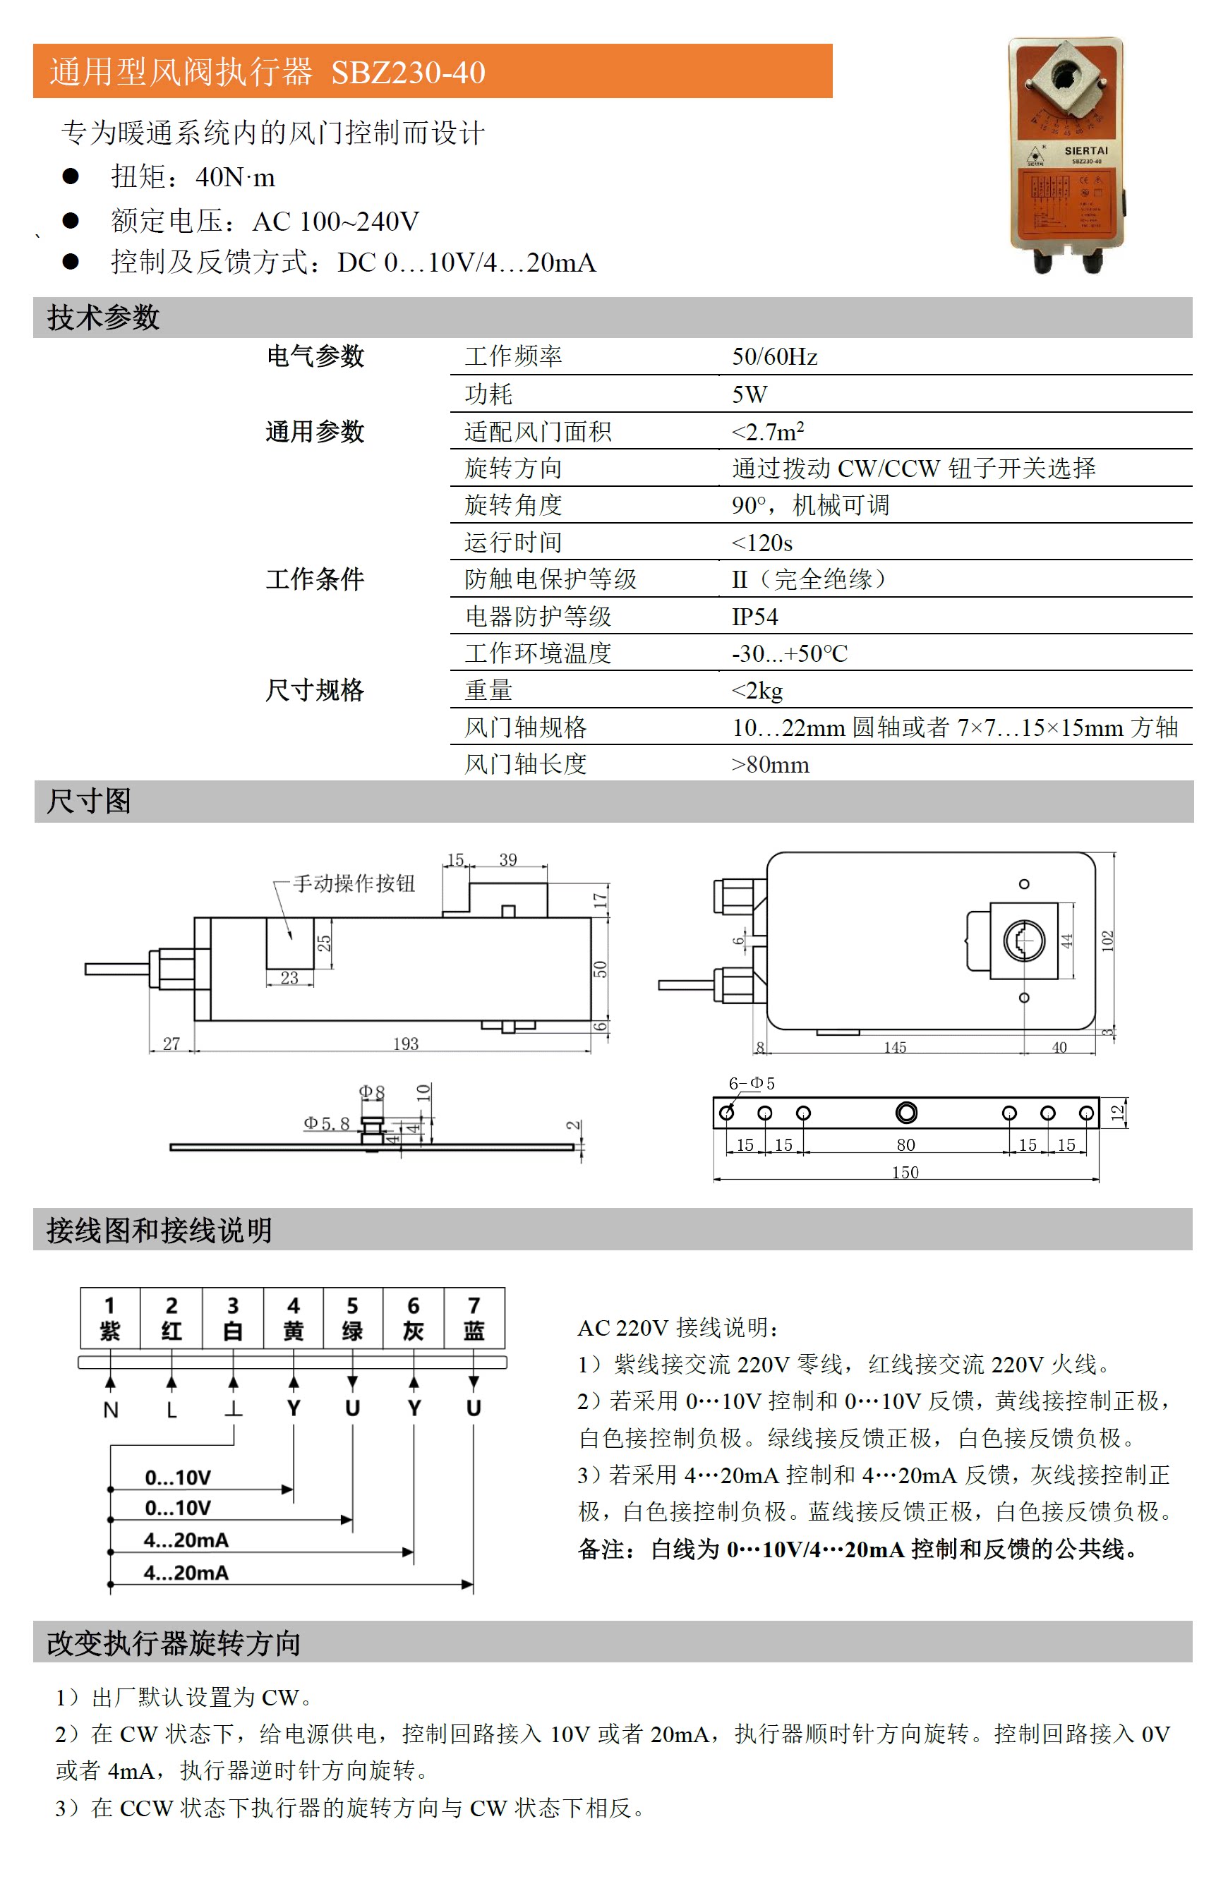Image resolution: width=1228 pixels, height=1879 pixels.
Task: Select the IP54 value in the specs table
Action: coord(754,617)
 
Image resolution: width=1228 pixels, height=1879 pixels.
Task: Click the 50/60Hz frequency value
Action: coord(774,357)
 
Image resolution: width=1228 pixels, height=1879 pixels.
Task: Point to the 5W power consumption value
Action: coord(749,394)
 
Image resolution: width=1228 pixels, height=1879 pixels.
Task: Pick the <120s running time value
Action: coord(762,543)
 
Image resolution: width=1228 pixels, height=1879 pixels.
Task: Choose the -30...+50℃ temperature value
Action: coord(789,653)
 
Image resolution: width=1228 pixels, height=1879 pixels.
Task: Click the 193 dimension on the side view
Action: coord(405,1044)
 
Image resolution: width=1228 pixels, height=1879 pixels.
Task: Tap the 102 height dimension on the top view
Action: coord(1107,941)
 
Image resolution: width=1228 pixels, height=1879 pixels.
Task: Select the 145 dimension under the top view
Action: coord(894,1048)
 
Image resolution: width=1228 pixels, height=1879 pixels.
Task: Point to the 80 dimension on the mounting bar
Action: coord(905,1144)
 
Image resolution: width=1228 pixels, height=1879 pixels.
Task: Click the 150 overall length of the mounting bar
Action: coord(905,1173)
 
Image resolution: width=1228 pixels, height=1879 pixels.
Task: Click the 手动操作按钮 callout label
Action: coord(354,883)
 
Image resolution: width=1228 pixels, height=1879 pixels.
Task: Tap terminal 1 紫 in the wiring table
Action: coord(110,1319)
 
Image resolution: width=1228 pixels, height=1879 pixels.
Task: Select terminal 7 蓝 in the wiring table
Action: coord(474,1319)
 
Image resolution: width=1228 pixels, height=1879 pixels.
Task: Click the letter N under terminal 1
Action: coord(111,1409)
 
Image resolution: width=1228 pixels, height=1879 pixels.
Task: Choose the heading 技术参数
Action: coord(104,318)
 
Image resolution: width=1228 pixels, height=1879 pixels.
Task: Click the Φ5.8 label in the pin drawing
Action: coord(326,1123)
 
